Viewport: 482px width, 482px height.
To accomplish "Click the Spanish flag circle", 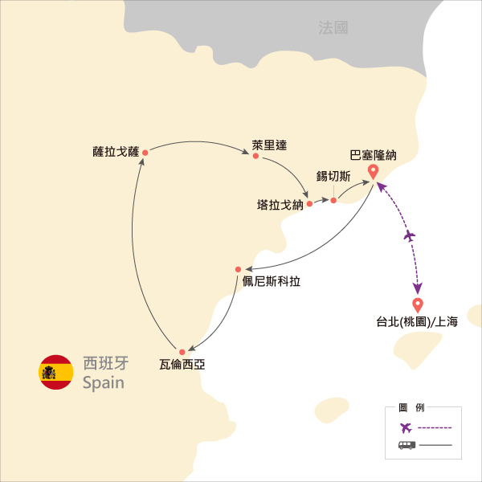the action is (x=56, y=372).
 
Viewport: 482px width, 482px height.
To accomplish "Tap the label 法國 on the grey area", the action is (x=333, y=27).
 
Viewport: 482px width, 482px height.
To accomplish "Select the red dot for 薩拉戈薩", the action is (x=145, y=153).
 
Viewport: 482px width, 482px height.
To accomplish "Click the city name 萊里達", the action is (x=269, y=145).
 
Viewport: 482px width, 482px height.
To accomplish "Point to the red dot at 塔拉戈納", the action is (x=309, y=203).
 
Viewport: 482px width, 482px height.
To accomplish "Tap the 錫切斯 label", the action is (x=333, y=176).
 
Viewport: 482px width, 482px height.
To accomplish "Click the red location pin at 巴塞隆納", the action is (x=374, y=172).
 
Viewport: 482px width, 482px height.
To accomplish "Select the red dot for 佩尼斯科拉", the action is (x=238, y=270).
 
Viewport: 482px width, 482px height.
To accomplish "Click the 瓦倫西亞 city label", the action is (x=182, y=365).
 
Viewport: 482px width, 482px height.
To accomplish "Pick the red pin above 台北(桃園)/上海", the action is (x=418, y=305).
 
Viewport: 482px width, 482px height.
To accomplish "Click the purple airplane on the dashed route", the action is (x=410, y=236).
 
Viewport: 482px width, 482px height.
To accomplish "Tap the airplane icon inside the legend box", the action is (x=406, y=427).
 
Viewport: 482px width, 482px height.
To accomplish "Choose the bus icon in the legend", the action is (x=406, y=445).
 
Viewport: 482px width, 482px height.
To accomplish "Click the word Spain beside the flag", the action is (x=104, y=383).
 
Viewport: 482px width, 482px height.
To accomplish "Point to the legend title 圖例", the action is (x=411, y=407).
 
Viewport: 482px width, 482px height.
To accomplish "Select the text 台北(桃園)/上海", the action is (x=417, y=322).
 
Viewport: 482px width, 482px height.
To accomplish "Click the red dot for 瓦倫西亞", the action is (x=182, y=352).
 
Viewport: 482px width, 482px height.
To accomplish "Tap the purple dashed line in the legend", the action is (x=435, y=427).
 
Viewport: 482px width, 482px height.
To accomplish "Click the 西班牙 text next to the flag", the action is (x=106, y=363).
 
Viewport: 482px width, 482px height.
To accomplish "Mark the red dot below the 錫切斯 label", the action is (x=333, y=200).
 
